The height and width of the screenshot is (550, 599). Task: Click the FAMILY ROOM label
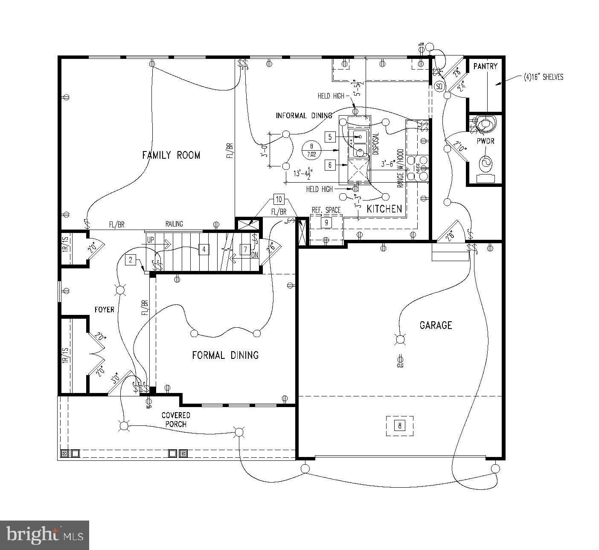click(171, 155)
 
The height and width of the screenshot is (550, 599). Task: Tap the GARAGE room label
click(436, 326)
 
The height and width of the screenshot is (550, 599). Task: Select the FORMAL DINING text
click(225, 355)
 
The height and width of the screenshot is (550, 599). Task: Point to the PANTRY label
click(486, 66)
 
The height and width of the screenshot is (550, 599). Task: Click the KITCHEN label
click(384, 209)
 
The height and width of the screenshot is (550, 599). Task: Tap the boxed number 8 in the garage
click(400, 425)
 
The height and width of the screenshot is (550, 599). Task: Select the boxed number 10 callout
click(279, 199)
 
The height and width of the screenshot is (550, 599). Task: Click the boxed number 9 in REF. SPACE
click(326, 222)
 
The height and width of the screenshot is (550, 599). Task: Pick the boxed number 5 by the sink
click(330, 137)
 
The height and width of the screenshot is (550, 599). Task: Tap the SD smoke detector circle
click(439, 86)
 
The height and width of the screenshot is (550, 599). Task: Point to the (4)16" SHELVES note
click(544, 77)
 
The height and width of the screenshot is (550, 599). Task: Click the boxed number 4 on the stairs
click(204, 249)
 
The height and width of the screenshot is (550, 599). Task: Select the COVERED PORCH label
click(176, 419)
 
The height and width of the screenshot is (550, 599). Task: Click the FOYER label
click(105, 309)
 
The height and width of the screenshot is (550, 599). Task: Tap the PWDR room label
click(486, 141)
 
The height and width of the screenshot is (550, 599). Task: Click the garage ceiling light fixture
click(400, 340)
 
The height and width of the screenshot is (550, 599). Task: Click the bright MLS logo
click(44, 535)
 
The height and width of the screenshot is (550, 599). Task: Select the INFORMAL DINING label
click(304, 116)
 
